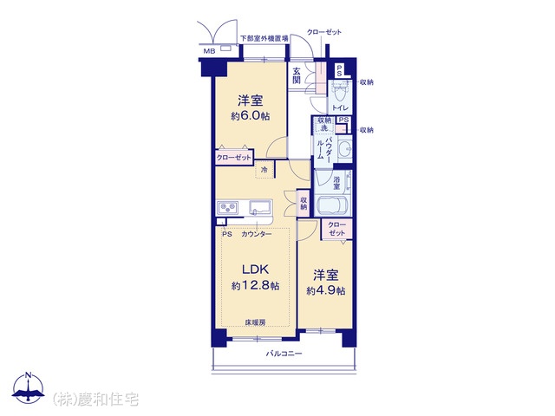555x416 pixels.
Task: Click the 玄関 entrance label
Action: (x=297, y=75)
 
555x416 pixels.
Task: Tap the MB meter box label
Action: (x=209, y=51)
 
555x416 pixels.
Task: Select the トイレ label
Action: (x=341, y=107)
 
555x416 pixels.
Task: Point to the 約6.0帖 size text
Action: (x=251, y=115)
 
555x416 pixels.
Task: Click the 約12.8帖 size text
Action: (x=256, y=285)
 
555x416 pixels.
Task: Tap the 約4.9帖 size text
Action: (x=326, y=291)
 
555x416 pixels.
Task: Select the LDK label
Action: (x=256, y=270)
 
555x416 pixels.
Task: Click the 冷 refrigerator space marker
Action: (x=264, y=170)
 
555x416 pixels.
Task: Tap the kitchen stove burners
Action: (x=228, y=207)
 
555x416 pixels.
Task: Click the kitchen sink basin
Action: (x=260, y=207)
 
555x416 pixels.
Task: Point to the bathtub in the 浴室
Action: (x=333, y=205)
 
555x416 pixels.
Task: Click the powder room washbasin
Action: (x=344, y=148)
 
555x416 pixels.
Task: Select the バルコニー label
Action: (x=284, y=354)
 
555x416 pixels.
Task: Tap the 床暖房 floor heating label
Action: (x=255, y=322)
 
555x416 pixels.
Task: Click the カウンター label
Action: (x=257, y=234)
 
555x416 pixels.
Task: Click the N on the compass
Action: (x=29, y=375)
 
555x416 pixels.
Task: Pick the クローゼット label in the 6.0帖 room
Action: (x=233, y=158)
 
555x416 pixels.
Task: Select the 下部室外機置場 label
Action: (x=264, y=38)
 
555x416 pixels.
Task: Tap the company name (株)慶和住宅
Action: (x=95, y=399)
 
